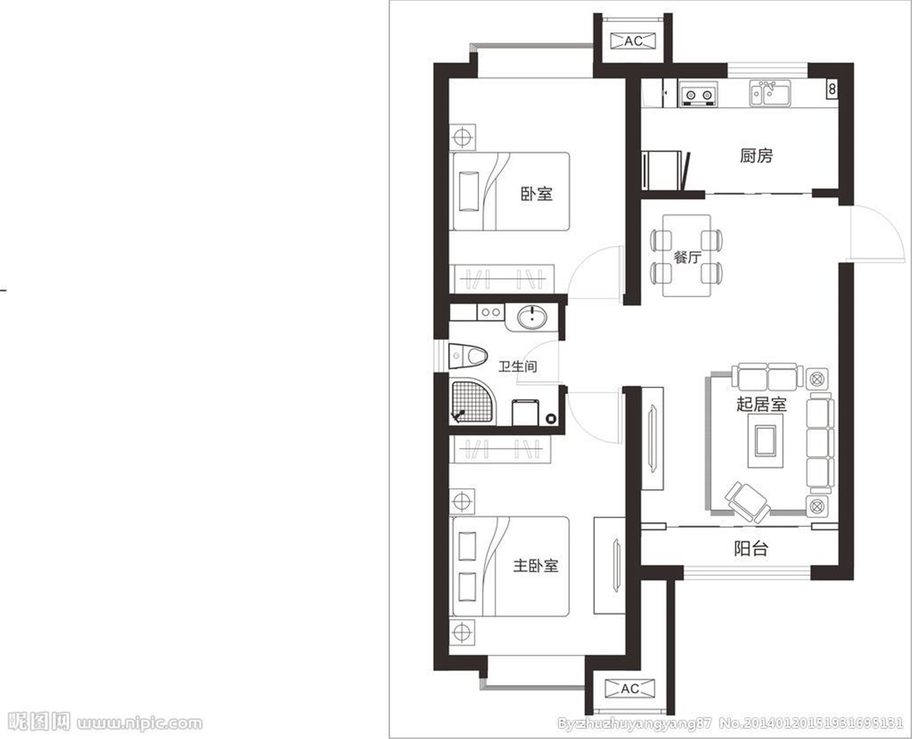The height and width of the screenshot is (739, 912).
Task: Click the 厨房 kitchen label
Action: coord(756,156)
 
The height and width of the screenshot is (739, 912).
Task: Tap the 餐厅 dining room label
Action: coord(687,257)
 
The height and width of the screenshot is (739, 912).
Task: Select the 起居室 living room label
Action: coord(761,404)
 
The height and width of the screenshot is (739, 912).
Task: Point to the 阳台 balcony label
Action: coord(751,548)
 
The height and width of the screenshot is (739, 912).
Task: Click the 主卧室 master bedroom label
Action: coord(535,566)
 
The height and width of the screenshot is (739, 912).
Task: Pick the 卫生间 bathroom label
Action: coord(518,366)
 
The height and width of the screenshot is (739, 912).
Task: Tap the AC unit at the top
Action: coord(633,41)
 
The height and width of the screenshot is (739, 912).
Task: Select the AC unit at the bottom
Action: coord(630,689)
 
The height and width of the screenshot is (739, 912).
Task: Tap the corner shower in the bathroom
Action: coord(473,401)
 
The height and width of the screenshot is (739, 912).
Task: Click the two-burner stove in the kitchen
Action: coord(698,94)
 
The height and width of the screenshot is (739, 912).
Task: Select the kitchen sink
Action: coord(770,93)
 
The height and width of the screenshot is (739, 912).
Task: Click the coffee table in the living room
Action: coord(765,441)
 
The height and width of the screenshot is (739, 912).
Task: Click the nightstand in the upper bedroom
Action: coord(462,137)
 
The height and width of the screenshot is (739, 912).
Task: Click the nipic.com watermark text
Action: coord(139,723)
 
